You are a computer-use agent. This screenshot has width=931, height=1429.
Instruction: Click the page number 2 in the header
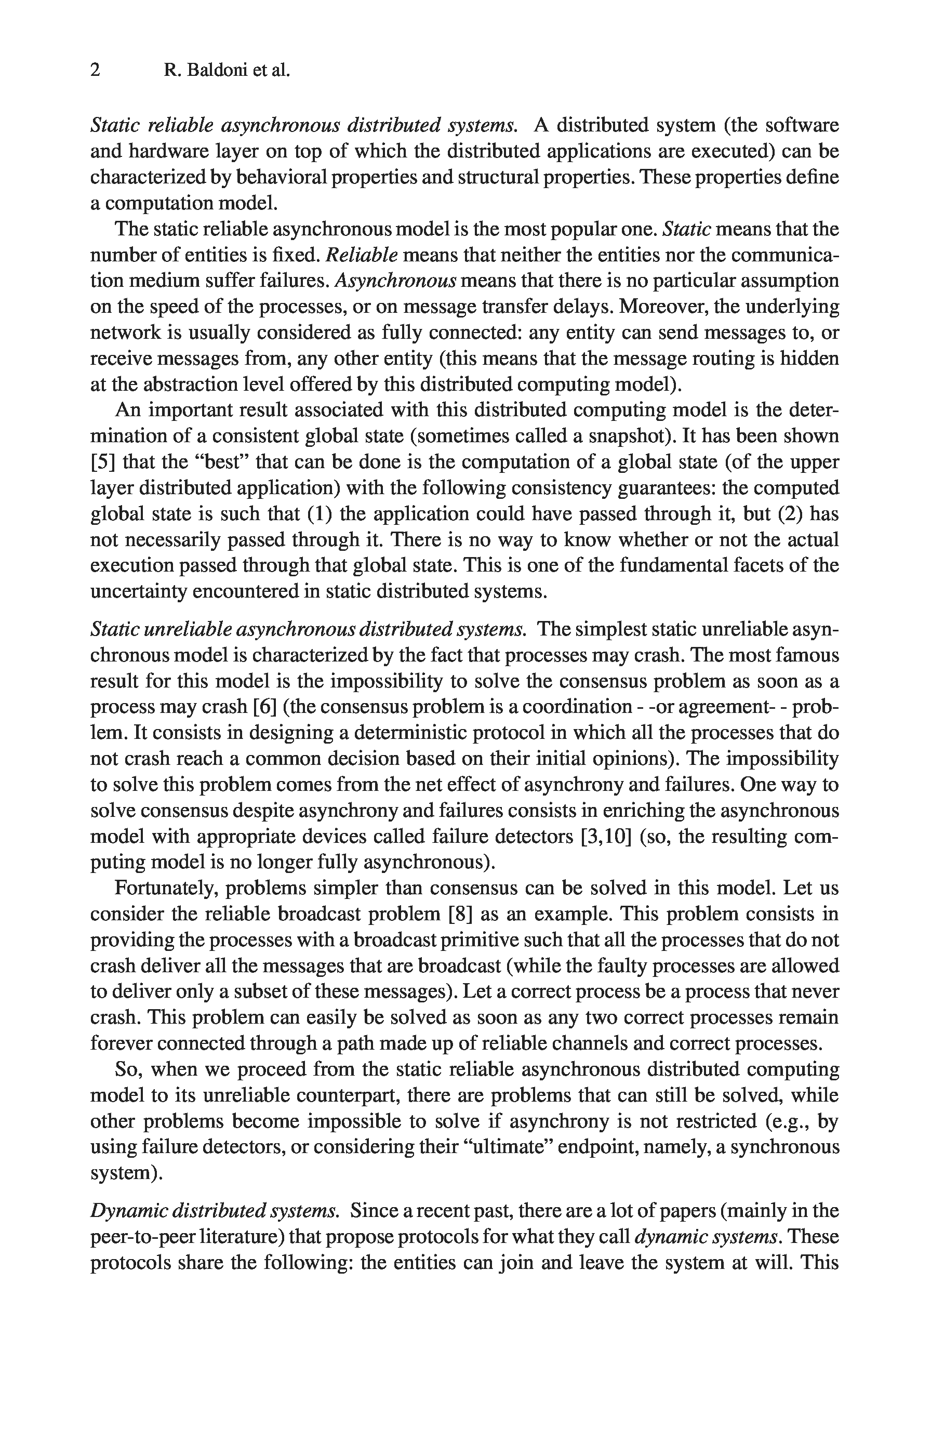coord(96,71)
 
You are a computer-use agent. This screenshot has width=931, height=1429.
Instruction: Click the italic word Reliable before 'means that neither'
coord(361,255)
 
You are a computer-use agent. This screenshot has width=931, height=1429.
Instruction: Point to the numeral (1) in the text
coord(317,514)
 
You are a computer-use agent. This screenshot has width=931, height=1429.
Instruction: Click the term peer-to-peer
coord(142,1237)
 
